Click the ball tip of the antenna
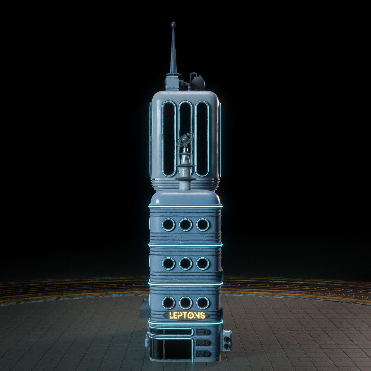173,25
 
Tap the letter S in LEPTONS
202,315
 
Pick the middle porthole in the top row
185,225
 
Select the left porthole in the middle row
168,263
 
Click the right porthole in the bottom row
202,302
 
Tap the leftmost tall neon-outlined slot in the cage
169,139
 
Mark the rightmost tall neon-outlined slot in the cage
202,139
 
